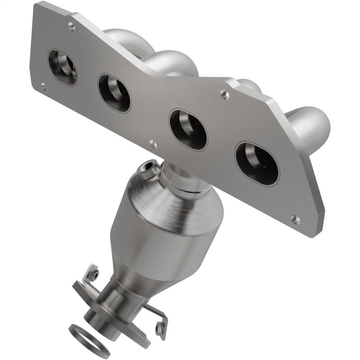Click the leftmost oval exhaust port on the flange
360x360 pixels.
point(62,67)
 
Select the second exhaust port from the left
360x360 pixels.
point(114,93)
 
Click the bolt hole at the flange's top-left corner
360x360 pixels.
point(71,27)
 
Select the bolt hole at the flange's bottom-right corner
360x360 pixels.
point(295,219)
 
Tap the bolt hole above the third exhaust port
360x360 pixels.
point(224,94)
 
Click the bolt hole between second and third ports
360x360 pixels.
point(153,144)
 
